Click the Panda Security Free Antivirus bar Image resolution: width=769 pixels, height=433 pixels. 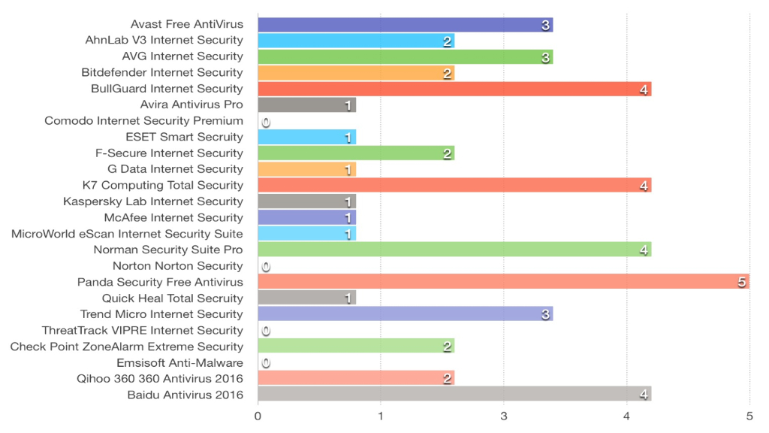503,282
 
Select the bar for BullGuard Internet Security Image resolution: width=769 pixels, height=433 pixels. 454,89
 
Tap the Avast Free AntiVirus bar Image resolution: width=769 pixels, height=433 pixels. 405,25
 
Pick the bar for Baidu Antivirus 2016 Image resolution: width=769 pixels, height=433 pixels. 454,395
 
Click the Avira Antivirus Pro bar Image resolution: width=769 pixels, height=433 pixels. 306,104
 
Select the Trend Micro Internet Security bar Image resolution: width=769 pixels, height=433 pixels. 405,314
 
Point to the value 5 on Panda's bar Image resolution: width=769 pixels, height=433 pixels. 741,282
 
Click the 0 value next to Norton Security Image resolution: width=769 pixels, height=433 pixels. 266,266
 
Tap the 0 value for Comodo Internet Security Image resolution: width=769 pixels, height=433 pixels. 266,121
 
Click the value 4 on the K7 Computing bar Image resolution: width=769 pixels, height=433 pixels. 644,186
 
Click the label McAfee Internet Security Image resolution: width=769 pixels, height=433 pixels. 173,217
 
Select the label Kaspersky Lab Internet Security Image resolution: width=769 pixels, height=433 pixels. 153,201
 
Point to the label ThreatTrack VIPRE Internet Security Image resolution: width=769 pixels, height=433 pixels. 143,330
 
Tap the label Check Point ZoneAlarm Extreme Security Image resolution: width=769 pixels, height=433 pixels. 127,347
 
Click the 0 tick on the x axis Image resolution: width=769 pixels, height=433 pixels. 258,416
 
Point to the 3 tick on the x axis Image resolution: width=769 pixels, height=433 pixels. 503,416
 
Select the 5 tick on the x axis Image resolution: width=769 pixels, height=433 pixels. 749,416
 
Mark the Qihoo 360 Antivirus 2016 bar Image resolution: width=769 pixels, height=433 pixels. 356,378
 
